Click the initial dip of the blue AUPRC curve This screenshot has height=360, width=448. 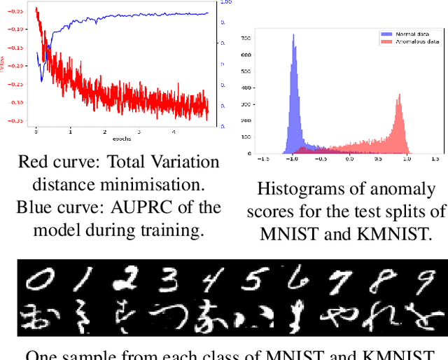click(41, 79)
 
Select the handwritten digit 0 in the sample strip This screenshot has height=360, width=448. click(41, 281)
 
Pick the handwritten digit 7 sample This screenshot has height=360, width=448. click(339, 282)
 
